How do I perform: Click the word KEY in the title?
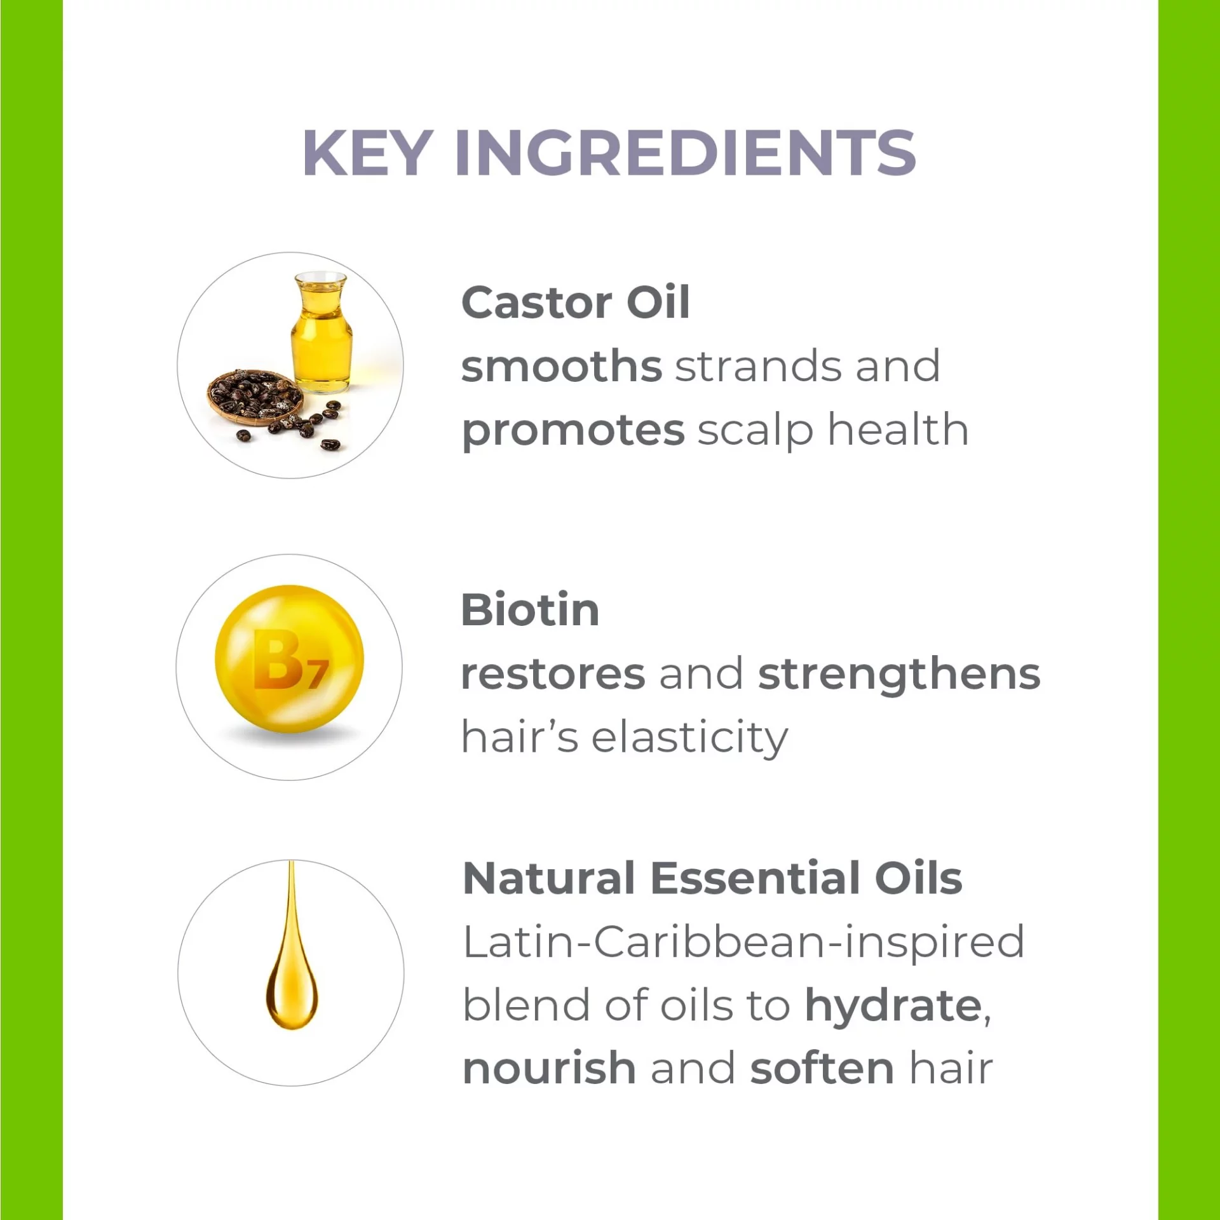[369, 152]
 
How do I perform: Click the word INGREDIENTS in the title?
[686, 152]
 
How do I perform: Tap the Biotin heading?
[531, 610]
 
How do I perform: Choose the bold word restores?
[553, 675]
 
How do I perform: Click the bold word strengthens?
[899, 674]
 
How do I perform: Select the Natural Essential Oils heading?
[712, 878]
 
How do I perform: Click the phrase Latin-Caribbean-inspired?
[743, 943]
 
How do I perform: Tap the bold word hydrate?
[893, 1006]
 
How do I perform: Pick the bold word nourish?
[550, 1068]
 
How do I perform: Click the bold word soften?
[822, 1068]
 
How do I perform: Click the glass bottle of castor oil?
[322, 333]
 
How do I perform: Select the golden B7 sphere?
[290, 659]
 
